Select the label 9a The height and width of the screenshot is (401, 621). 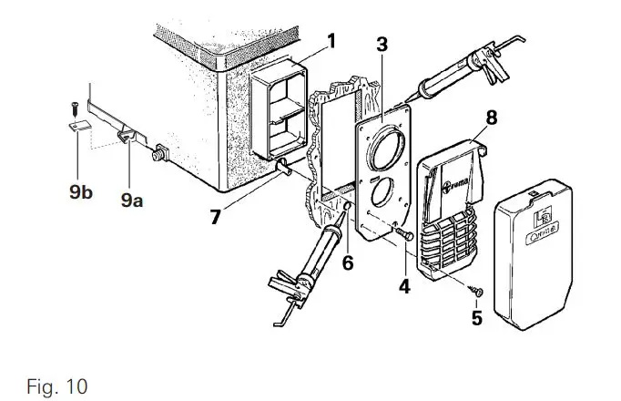coord(132,200)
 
